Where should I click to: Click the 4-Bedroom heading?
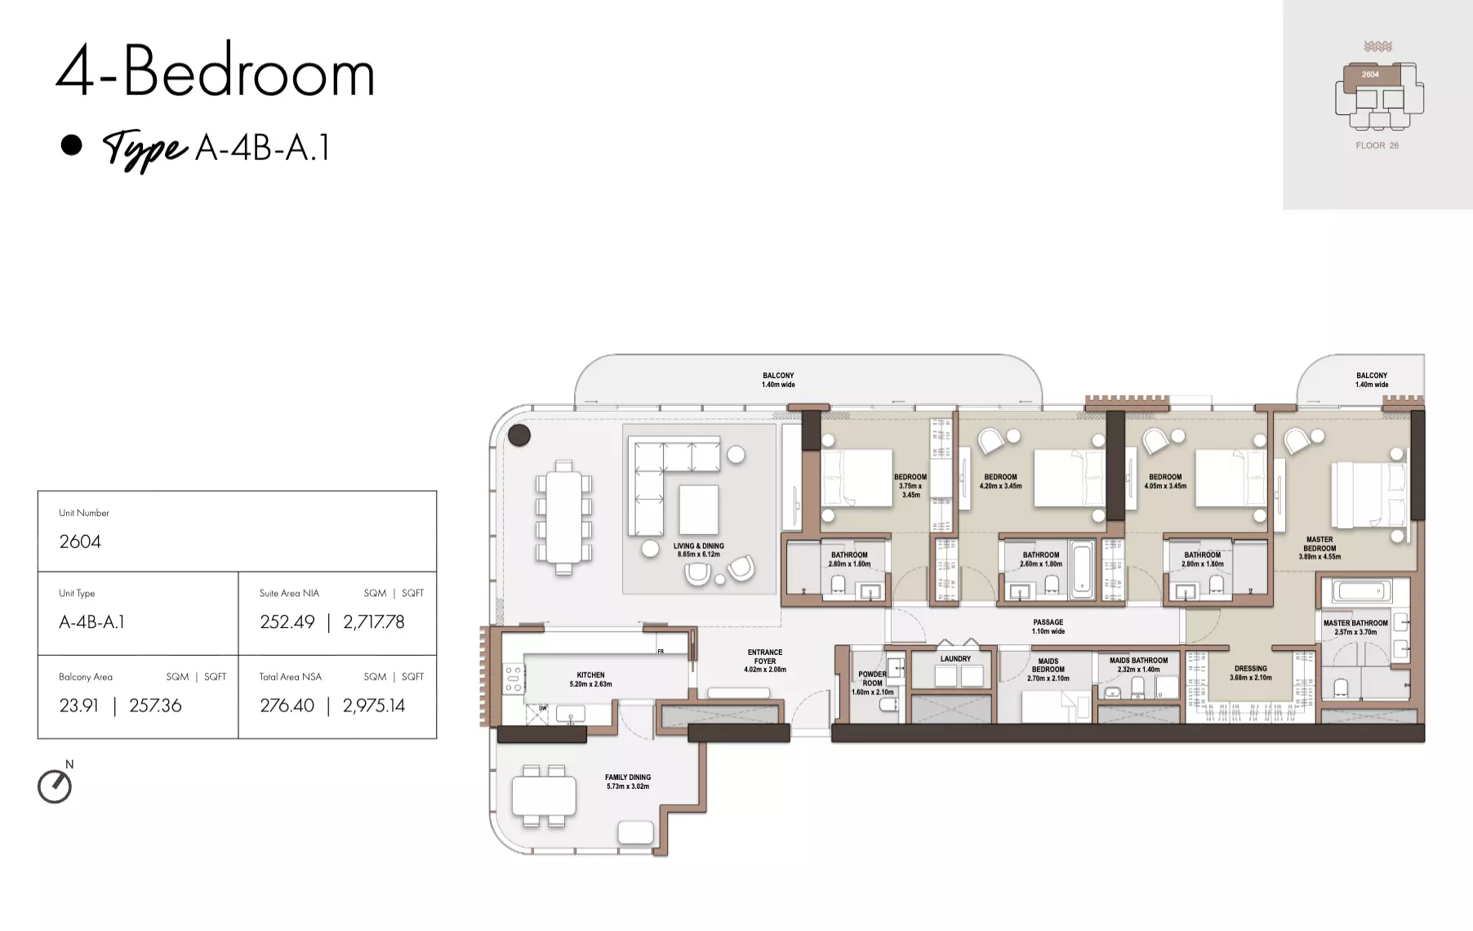click(216, 72)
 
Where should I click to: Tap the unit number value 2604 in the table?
click(80, 541)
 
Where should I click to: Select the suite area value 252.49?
click(287, 621)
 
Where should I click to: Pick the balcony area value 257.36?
click(155, 706)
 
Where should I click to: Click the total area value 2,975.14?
click(374, 706)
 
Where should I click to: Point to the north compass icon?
click(55, 786)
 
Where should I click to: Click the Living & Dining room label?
click(699, 550)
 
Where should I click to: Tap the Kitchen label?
click(590, 679)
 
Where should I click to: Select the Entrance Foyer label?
click(765, 661)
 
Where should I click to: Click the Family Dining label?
click(628, 782)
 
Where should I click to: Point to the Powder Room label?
click(872, 683)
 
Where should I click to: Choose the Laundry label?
click(955, 659)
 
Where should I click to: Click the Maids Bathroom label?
click(1138, 665)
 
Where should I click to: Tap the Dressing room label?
click(1251, 673)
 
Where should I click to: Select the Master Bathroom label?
click(1355, 627)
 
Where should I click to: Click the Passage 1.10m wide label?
click(1048, 626)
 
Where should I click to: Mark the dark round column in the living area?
click(519, 434)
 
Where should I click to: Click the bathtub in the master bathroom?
click(1361, 591)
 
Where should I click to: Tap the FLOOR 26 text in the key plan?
click(1377, 145)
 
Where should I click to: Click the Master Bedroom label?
click(1319, 548)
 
